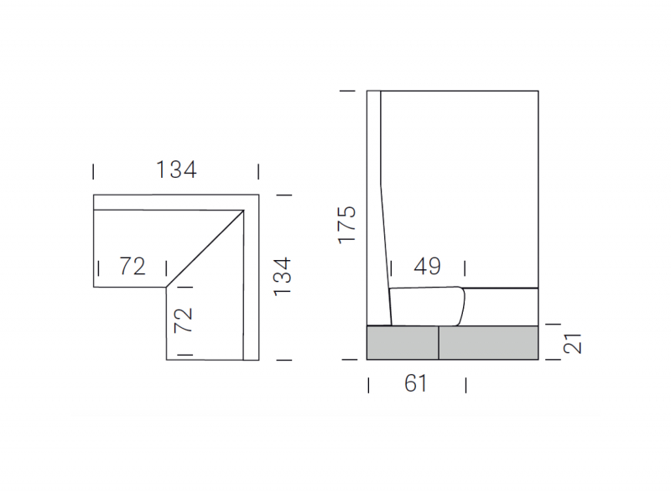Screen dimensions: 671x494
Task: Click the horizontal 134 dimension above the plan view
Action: coord(176,169)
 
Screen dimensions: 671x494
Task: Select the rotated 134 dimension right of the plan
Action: coord(283,277)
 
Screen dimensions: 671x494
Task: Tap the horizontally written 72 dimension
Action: coord(133,266)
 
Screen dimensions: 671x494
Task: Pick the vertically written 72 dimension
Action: coord(183,320)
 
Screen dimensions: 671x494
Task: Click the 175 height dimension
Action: coord(346,225)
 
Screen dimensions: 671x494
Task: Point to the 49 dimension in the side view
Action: coord(427,266)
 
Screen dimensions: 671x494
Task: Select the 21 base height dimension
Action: coord(572,343)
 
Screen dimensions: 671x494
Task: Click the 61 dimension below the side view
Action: coord(415,383)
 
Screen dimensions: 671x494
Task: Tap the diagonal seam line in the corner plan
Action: coord(205,249)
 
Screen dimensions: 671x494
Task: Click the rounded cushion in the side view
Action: coord(427,306)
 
